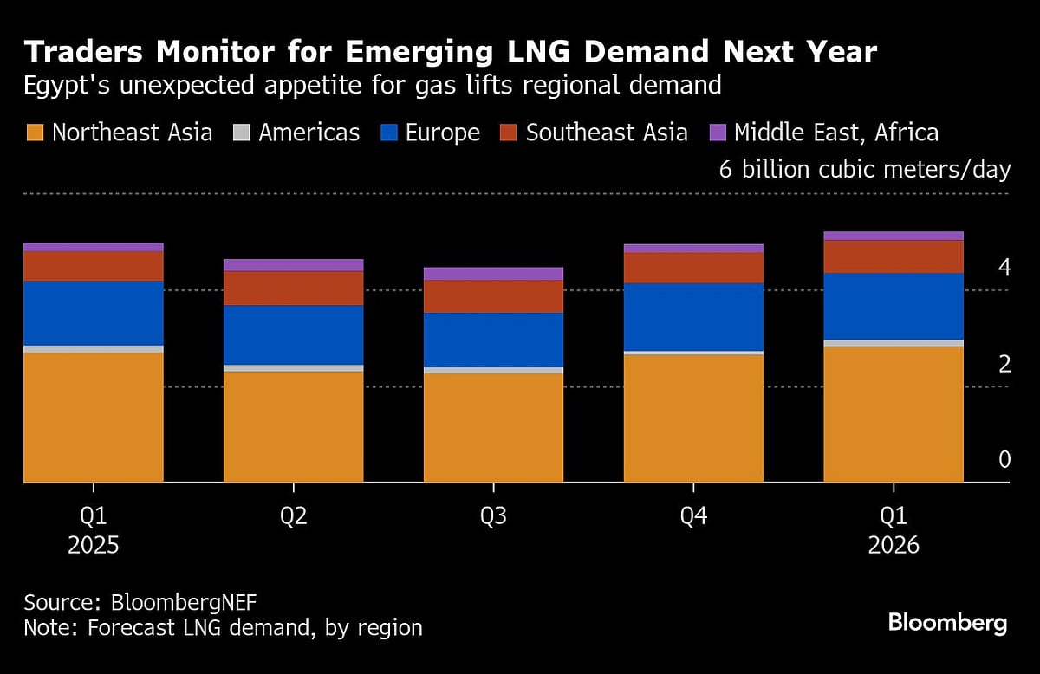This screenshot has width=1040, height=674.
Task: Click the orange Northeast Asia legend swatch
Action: tap(35, 133)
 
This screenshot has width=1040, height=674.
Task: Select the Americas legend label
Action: tap(309, 133)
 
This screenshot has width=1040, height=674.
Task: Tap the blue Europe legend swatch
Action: tap(389, 133)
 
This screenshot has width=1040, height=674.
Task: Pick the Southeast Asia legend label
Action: tap(607, 133)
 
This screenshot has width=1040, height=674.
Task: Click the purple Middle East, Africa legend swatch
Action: tap(717, 133)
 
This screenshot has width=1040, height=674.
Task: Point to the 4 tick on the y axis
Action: tap(1004, 267)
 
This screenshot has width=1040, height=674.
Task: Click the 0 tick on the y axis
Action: tap(1004, 459)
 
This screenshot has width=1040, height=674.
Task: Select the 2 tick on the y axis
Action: tap(1004, 364)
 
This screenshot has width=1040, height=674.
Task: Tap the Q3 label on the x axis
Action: tap(493, 517)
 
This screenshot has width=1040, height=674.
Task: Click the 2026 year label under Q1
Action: tap(893, 547)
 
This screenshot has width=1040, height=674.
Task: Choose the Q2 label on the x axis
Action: tap(293, 517)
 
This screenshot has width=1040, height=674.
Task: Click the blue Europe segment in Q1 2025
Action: tap(94, 313)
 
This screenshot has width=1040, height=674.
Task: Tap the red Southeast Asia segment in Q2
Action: tap(293, 288)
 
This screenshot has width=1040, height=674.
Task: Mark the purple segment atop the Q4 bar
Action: tap(693, 248)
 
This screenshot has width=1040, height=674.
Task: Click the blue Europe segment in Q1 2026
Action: tap(893, 306)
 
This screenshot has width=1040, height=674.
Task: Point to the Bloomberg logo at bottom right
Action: tap(947, 622)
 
